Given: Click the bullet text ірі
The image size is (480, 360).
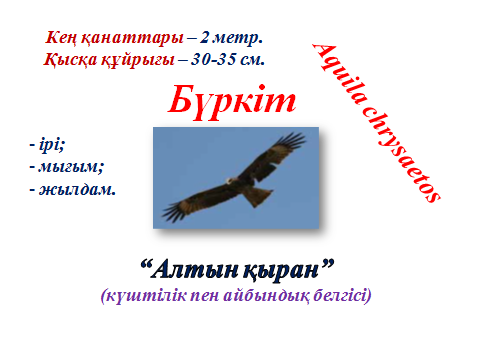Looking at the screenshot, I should click(47, 144).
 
